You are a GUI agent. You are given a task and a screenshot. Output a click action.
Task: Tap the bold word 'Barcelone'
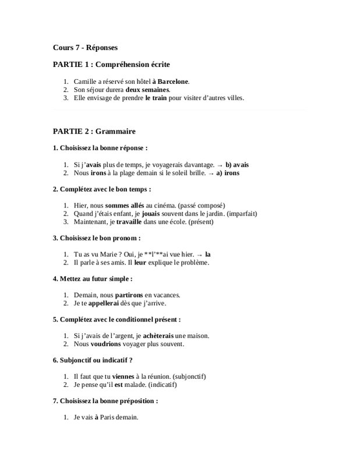172,82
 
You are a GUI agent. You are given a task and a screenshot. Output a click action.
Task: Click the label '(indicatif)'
160,384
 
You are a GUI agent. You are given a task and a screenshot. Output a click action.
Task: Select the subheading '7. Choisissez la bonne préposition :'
105,401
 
